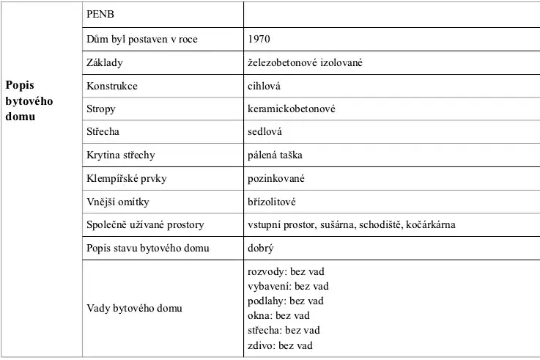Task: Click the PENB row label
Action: point(99,15)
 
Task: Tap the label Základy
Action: point(105,62)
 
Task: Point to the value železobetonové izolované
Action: point(306,62)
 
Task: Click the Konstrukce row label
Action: point(111,86)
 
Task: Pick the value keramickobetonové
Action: point(292,109)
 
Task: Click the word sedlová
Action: point(265,132)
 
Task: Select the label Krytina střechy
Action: point(121,155)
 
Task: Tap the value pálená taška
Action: point(275,155)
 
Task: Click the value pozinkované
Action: point(276,178)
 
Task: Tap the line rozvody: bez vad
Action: point(286,272)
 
